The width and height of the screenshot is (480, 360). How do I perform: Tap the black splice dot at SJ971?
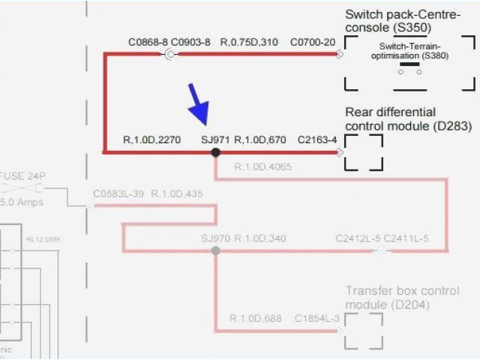pyautogui.click(x=216, y=152)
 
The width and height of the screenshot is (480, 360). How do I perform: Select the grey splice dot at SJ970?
pyautogui.click(x=216, y=251)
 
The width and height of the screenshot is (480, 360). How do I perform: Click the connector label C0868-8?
pyautogui.click(x=148, y=42)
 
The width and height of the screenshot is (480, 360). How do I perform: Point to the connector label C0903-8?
pyautogui.click(x=190, y=42)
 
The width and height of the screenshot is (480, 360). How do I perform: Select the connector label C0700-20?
pyautogui.click(x=313, y=42)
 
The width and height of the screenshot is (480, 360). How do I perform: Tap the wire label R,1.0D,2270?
pyautogui.click(x=151, y=139)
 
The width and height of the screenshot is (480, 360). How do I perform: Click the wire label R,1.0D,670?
pyautogui.click(x=260, y=139)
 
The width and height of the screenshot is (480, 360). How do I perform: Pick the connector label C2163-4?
pyautogui.click(x=317, y=139)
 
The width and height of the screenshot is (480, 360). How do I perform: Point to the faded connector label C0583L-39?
pyautogui.click(x=118, y=194)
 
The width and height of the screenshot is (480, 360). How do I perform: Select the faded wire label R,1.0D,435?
pyautogui.click(x=177, y=194)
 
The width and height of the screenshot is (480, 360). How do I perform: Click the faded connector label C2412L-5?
pyautogui.click(x=358, y=239)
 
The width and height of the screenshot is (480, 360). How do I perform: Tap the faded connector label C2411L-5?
pyautogui.click(x=406, y=239)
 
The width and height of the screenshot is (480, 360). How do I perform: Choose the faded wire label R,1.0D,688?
pyautogui.click(x=256, y=318)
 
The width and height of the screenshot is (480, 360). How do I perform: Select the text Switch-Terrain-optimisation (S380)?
pyautogui.click(x=409, y=51)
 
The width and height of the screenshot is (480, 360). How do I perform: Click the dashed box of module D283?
pyautogui.click(x=364, y=152)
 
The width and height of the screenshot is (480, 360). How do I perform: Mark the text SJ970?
pyautogui.click(x=216, y=239)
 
